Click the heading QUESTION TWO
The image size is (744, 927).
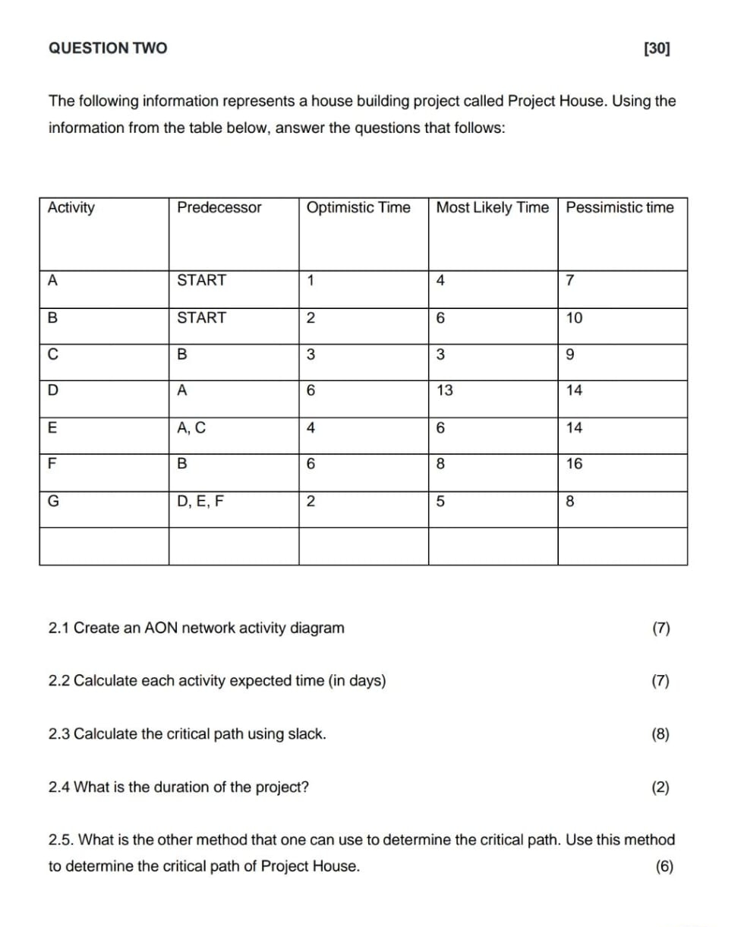point(108,49)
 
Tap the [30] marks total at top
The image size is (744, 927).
point(656,49)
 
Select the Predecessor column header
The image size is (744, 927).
point(219,207)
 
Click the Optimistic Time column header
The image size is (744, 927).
point(358,207)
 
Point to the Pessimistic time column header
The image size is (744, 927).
point(619,207)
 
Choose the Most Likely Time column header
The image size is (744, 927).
point(493,207)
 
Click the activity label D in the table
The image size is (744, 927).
point(52,391)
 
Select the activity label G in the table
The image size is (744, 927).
point(53,500)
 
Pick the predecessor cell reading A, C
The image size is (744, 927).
point(191,427)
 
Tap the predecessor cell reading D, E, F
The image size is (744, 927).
point(200,500)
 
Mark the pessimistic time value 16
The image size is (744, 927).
point(574,464)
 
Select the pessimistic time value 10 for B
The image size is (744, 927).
point(574,318)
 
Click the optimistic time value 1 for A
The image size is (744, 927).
point(311,280)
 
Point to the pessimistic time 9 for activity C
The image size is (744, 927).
point(570,355)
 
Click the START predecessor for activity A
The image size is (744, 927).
point(201,280)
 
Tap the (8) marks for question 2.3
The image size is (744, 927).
point(660,734)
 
